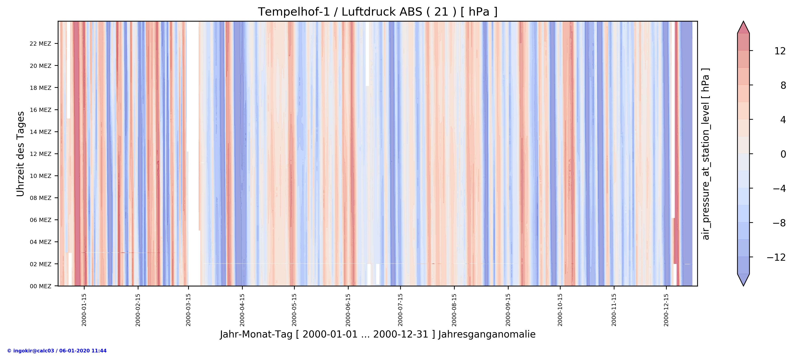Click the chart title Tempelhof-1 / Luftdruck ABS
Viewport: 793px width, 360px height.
(377, 12)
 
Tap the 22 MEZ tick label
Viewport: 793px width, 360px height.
(40, 44)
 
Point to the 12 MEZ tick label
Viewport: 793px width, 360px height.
(40, 154)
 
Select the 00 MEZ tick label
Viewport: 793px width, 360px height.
(40, 286)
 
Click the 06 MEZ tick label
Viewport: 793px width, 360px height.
(40, 220)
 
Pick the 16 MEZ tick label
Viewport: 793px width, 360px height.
(40, 110)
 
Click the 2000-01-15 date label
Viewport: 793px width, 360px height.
(84, 310)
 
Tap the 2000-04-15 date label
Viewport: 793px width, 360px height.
(242, 310)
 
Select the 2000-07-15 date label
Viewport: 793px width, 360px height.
(400, 310)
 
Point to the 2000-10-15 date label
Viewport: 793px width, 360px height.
(560, 310)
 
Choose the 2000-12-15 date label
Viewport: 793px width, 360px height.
(666, 310)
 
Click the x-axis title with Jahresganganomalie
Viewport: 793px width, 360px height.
(377, 335)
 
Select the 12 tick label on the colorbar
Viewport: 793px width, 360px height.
(780, 51)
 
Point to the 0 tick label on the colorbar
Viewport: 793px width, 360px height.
(783, 154)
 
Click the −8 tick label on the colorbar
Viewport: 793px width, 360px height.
(779, 223)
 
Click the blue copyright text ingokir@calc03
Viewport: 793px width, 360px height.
(57, 351)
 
